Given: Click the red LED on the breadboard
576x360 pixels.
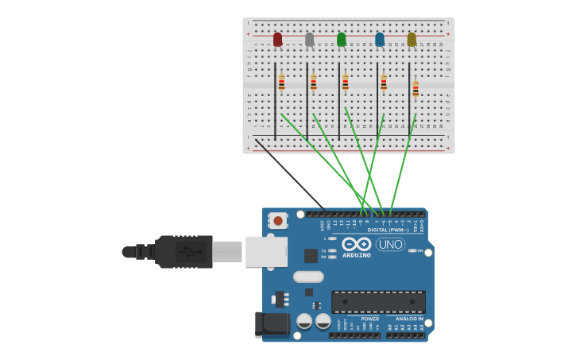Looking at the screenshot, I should (277, 39).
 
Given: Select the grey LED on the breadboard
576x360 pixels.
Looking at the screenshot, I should (309, 39).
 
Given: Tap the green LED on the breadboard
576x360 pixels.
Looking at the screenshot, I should (342, 39).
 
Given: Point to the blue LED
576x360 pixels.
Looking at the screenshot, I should (380, 39).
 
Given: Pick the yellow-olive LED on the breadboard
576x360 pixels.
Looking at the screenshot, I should (412, 39).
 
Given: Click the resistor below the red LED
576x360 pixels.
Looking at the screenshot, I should (281, 82).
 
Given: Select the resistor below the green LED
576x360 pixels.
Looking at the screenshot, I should (346, 82).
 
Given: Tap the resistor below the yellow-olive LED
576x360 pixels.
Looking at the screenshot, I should (416, 87).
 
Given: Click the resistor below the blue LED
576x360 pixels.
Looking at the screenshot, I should (384, 82).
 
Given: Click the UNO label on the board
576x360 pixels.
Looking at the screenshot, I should (390, 244).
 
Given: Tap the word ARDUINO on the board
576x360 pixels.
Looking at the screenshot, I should (357, 255).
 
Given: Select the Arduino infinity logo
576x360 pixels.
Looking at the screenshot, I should (357, 244).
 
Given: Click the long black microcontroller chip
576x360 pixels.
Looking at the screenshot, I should (378, 301).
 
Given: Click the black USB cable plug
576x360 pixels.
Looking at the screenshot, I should (184, 251).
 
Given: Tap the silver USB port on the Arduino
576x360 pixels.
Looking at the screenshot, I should (266, 251).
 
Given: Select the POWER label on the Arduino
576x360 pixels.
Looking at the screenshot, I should (370, 319).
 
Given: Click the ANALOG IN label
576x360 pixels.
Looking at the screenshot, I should (409, 319).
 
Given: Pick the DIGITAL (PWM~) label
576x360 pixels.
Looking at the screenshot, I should (389, 230).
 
